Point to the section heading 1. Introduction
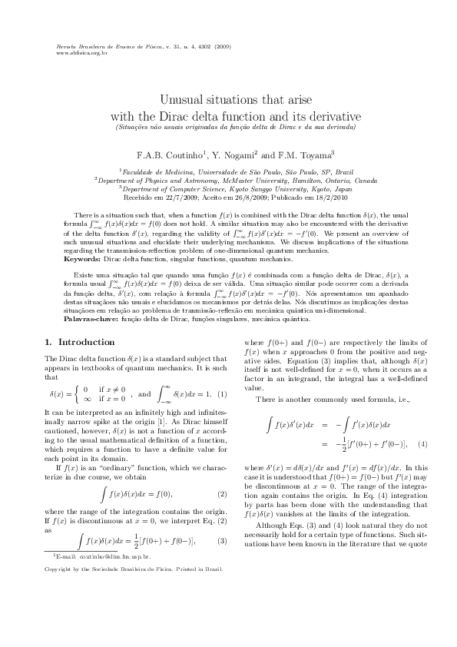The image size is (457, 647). tap(79, 341)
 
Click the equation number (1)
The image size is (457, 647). tap(223, 394)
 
